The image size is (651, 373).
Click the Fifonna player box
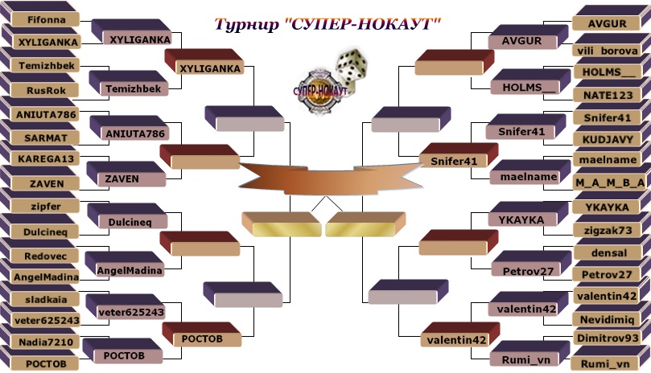coord(40,18)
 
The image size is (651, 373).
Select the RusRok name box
coord(40,91)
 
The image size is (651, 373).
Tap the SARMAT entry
coord(40,137)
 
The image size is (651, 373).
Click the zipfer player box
coord(40,206)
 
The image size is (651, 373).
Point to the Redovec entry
coord(40,255)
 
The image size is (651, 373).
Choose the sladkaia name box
coord(40,298)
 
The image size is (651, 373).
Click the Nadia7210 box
coord(40,342)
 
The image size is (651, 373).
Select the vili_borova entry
coord(607,50)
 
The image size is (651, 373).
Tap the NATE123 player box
coord(607,95)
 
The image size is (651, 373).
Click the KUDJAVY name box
coord(607,138)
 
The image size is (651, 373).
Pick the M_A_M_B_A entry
coord(610,182)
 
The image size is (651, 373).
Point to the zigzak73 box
coord(607,230)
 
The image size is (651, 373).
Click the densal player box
coord(607,252)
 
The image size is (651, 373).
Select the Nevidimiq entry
coord(607,319)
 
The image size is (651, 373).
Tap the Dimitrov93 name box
coord(607,339)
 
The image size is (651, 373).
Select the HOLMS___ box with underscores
coord(607,72)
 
